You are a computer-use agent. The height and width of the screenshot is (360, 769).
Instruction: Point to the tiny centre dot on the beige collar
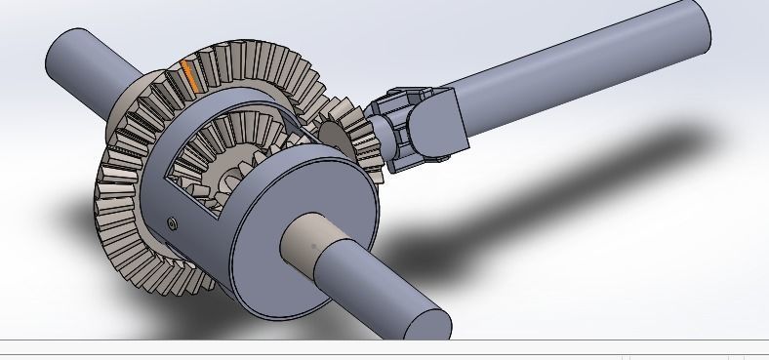(313, 246)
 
